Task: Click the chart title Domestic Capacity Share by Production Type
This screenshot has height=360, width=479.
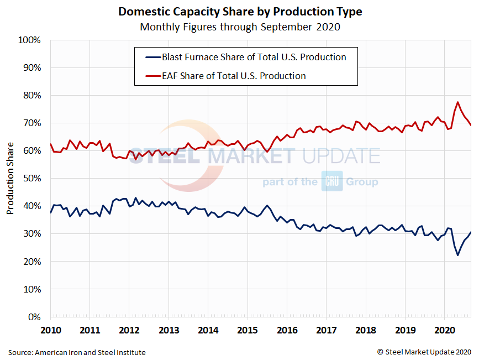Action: (240, 12)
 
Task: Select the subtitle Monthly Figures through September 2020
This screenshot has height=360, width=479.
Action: (240, 27)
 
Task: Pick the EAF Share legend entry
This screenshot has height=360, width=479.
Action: (233, 76)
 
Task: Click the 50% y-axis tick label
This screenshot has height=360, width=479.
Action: (31, 179)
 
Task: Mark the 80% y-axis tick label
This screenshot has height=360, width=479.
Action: (31, 96)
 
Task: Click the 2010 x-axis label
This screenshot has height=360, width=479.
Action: (50, 331)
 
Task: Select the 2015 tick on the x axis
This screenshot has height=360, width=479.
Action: (247, 331)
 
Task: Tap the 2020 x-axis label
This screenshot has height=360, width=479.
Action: (444, 331)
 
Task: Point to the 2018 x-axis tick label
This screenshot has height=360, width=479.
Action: (365, 331)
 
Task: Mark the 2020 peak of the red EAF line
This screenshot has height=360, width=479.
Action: (458, 102)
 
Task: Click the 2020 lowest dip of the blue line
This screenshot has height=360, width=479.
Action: (458, 255)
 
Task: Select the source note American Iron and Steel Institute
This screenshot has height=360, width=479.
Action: (77, 352)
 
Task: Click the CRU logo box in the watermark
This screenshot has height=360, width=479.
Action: (332, 181)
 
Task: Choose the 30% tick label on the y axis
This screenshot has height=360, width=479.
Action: (31, 234)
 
